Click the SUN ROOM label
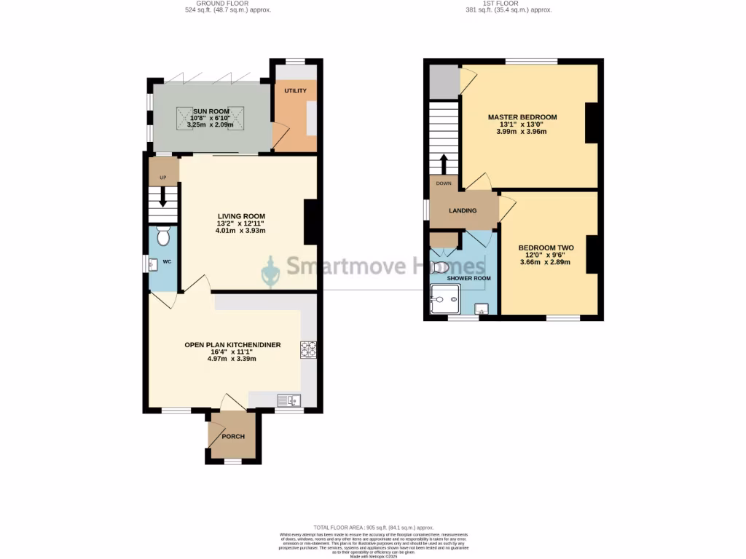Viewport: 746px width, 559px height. click(211, 111)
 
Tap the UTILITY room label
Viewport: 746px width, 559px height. click(295, 90)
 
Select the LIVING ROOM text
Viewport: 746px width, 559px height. click(240, 215)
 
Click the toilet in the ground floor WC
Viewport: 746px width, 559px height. click(163, 237)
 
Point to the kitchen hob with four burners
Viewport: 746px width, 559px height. click(308, 349)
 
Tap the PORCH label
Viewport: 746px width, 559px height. click(233, 437)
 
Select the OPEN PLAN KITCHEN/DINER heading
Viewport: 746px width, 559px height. click(232, 345)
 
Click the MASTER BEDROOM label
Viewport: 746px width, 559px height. click(522, 117)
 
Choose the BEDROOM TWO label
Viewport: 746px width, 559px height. click(541, 247)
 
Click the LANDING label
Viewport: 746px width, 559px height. click(463, 211)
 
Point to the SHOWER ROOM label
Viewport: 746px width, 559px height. click(469, 278)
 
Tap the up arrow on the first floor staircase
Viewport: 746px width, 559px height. click(443, 162)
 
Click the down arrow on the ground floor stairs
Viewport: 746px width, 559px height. click(162, 197)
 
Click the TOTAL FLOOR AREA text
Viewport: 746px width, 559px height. click(373, 528)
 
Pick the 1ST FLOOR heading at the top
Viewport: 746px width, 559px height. click(508, 4)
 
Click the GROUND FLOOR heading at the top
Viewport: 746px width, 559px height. click(217, 4)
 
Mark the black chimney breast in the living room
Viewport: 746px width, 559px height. click(311, 222)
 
